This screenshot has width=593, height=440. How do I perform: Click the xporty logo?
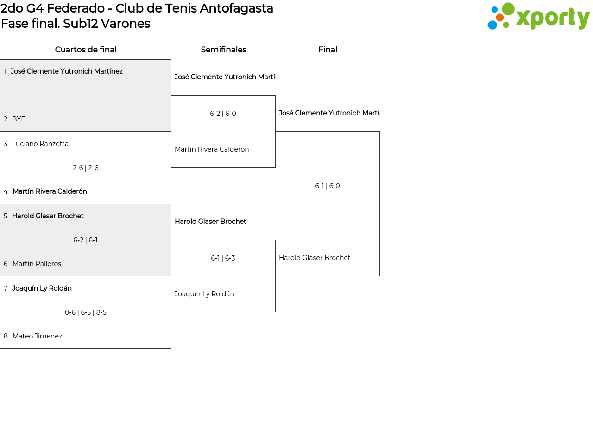pyautogui.click(x=538, y=17)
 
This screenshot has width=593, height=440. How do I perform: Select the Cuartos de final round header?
pyautogui.click(x=86, y=50)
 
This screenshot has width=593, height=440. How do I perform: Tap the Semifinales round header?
pyautogui.click(x=223, y=50)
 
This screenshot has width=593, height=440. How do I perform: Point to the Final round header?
pyautogui.click(x=328, y=50)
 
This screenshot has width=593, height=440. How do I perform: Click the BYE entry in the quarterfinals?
pyautogui.click(x=19, y=119)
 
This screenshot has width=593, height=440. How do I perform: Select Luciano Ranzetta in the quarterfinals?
pyautogui.click(x=40, y=144)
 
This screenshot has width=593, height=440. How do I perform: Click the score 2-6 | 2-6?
pyautogui.click(x=86, y=168)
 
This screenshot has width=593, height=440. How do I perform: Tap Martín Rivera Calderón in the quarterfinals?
pyautogui.click(x=50, y=191)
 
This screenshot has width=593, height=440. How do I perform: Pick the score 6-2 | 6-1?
pyautogui.click(x=86, y=240)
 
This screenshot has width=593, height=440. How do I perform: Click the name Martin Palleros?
pyautogui.click(x=37, y=264)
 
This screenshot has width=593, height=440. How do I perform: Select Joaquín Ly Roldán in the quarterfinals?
pyautogui.click(x=42, y=288)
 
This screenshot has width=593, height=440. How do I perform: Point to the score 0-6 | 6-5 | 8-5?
pyautogui.click(x=86, y=312)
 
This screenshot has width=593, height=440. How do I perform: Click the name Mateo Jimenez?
pyautogui.click(x=37, y=336)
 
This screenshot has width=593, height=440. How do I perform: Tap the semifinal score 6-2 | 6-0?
pyautogui.click(x=223, y=114)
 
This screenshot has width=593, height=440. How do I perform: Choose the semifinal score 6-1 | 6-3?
pyautogui.click(x=223, y=258)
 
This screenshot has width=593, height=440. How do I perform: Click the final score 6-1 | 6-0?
pyautogui.click(x=328, y=186)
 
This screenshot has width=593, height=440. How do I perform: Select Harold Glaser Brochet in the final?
pyautogui.click(x=315, y=258)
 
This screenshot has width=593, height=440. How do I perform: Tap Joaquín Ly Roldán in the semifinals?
pyautogui.click(x=204, y=294)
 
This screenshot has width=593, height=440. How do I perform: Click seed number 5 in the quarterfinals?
pyautogui.click(x=6, y=216)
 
